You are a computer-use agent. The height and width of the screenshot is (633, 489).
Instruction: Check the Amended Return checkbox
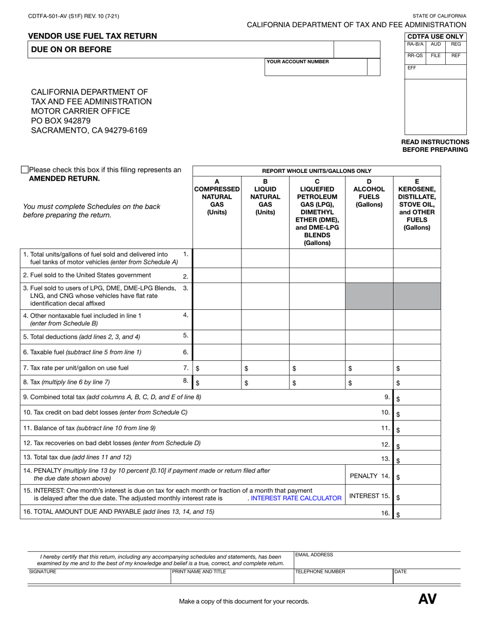25,169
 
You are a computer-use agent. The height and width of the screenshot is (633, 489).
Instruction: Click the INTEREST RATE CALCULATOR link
296,498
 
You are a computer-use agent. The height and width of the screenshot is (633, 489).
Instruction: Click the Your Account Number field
316,69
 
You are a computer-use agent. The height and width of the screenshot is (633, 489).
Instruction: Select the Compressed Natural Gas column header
217,197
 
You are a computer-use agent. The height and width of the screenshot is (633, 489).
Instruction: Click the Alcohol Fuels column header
369,193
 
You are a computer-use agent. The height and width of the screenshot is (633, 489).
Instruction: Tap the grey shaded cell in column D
369,295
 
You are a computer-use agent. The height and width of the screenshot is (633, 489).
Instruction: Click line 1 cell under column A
217,257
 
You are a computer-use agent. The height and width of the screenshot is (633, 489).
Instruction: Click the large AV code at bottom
427,599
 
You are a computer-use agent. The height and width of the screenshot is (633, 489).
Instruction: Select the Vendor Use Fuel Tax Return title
93,36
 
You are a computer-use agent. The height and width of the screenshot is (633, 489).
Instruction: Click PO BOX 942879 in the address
61,121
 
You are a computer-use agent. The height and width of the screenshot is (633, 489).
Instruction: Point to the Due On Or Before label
71,49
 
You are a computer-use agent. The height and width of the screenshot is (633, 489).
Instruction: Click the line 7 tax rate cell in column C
317,368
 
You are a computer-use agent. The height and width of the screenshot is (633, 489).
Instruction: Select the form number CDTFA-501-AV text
74,16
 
